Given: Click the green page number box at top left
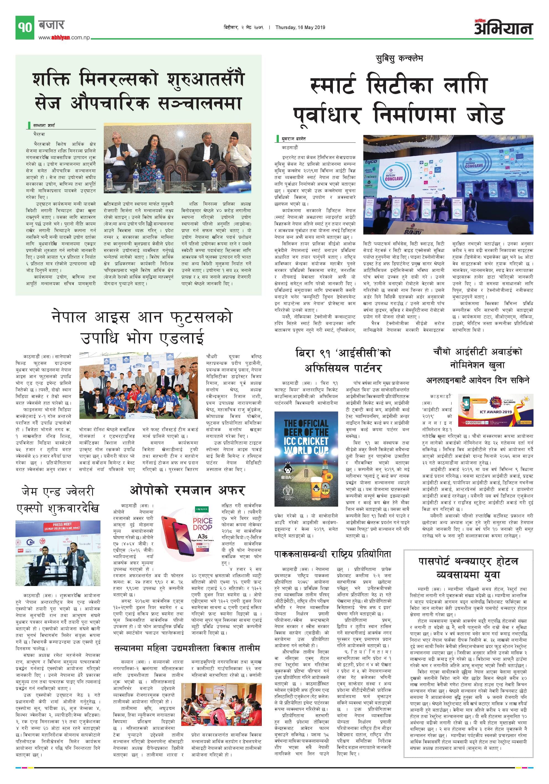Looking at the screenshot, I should click(25, 27).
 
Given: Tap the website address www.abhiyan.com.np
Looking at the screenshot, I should click(64, 38).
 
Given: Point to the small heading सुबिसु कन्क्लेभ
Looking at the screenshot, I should click(399, 59).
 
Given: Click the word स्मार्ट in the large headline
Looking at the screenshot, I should click(332, 85).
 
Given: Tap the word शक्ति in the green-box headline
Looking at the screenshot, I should click(51, 79).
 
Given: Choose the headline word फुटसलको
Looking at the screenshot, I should click(201, 317).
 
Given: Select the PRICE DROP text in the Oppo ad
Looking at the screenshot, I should click(203, 524).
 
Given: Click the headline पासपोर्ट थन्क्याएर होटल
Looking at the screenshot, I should click(468, 561).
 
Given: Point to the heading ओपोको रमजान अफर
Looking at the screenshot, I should click(187, 491).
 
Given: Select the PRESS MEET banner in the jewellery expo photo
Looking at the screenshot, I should click(62, 526).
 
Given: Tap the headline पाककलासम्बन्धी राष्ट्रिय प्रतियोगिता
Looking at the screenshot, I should click(332, 554).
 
